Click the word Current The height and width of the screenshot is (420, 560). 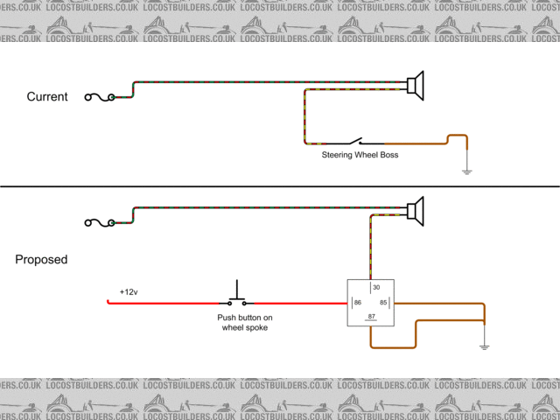(47, 96)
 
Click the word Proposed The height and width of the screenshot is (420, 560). (41, 260)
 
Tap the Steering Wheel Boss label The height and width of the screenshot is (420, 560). (360, 155)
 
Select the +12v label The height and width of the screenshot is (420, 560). (129, 292)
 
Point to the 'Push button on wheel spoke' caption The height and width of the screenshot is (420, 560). (245, 322)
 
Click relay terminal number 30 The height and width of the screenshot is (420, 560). (376, 288)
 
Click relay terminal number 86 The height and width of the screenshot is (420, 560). (357, 304)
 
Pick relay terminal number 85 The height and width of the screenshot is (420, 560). (383, 304)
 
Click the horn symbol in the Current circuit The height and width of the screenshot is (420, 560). (416, 85)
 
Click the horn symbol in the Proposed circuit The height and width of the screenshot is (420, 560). (416, 210)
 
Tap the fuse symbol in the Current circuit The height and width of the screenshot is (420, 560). (99, 97)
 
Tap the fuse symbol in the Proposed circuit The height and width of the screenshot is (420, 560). (99, 222)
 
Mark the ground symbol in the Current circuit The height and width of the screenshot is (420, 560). (466, 171)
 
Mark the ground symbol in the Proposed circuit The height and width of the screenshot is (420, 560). (484, 346)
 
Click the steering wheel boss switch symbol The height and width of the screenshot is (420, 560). (355, 142)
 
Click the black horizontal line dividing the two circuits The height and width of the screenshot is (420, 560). (280, 186)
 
